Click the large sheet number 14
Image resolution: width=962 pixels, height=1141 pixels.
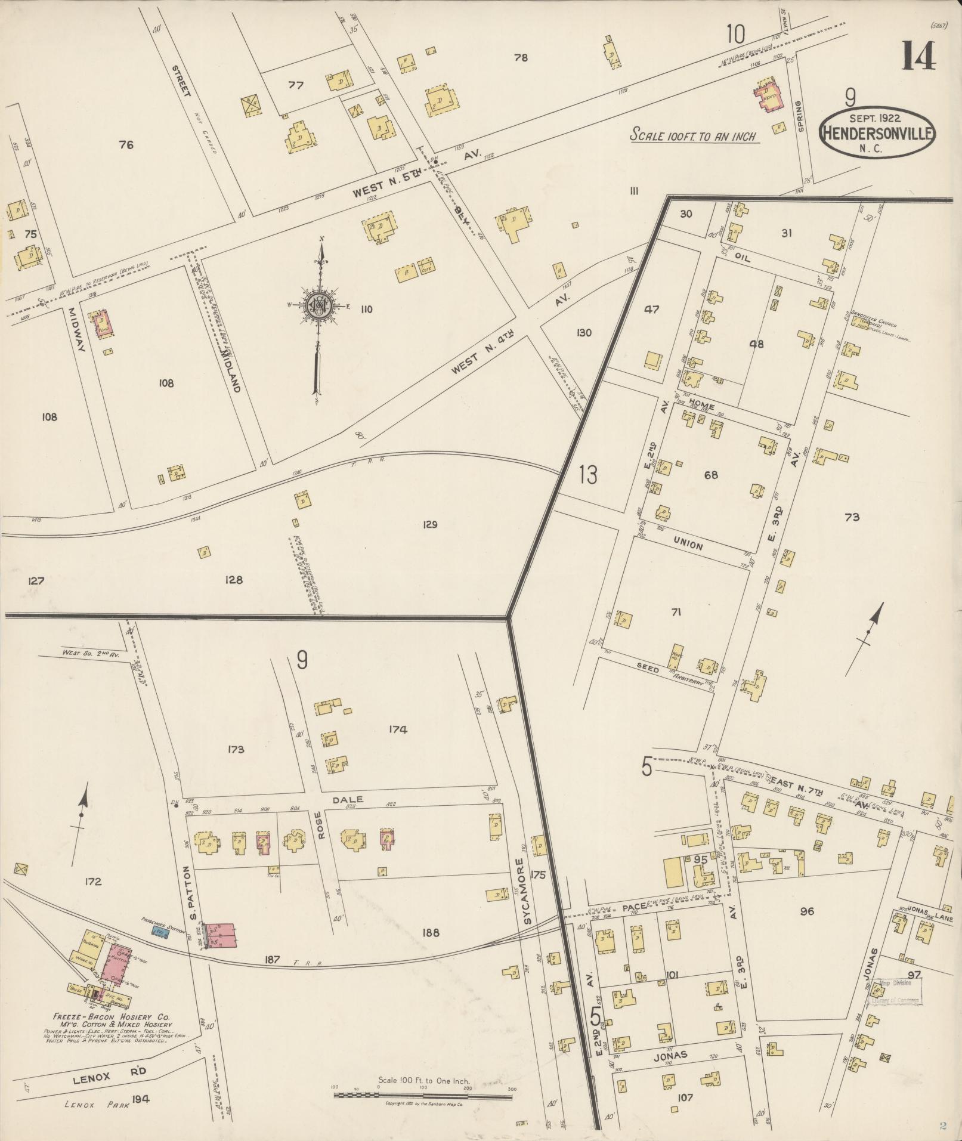click(x=918, y=57)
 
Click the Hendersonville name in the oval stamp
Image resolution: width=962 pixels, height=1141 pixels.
click(x=877, y=132)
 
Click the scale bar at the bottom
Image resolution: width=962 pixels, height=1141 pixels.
click(x=423, y=1094)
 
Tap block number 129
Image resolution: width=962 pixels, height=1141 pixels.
click(x=429, y=525)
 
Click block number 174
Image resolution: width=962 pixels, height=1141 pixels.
click(x=398, y=729)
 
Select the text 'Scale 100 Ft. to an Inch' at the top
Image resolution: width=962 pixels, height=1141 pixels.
click(x=694, y=136)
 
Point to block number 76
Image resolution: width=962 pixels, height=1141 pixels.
click(x=126, y=144)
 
